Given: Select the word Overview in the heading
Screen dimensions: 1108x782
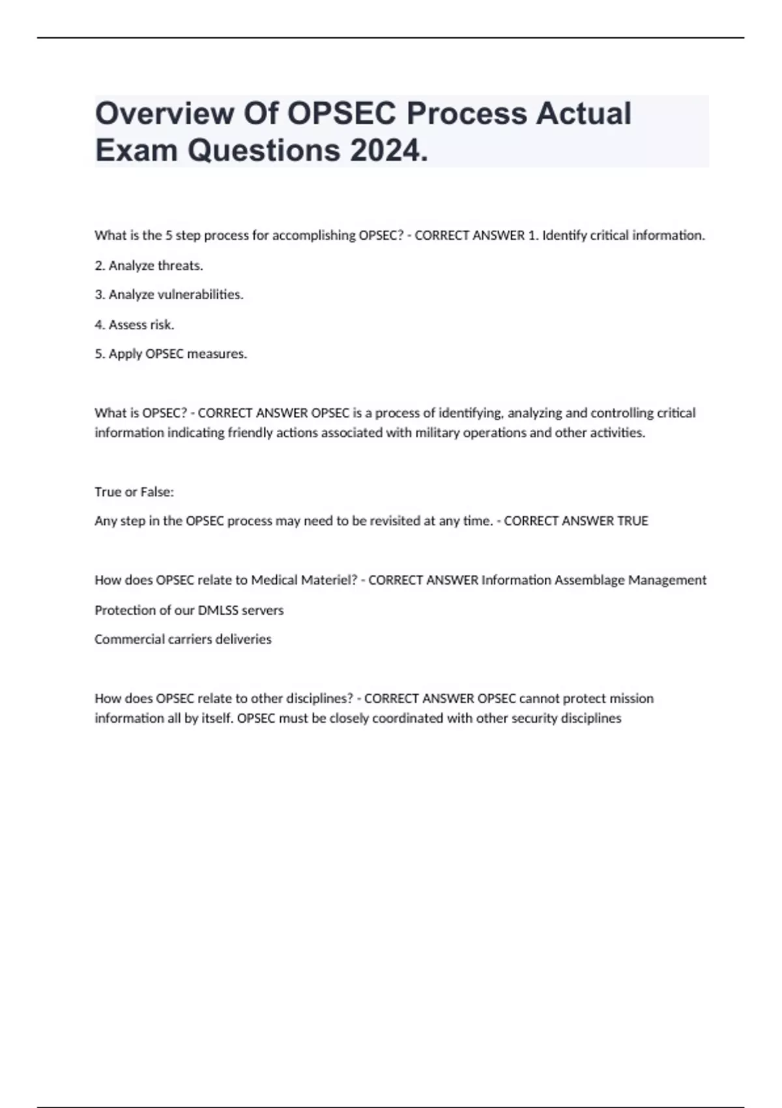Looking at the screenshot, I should (x=165, y=113).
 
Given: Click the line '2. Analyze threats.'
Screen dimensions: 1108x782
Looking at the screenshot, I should (x=149, y=265).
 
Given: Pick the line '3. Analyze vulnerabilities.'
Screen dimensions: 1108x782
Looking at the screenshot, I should (x=169, y=295).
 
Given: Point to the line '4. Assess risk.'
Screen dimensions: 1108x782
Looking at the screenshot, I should (x=134, y=325).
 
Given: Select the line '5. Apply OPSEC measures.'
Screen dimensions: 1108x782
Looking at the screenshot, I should (x=171, y=354).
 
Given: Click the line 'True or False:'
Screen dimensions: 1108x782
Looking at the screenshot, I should (x=134, y=492).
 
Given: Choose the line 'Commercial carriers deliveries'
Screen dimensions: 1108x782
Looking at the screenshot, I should (x=183, y=639).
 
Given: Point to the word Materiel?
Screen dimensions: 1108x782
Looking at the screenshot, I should (x=328, y=580).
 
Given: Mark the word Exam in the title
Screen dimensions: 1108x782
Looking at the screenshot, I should (x=137, y=151).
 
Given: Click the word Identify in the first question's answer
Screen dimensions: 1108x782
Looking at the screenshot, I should (x=564, y=235).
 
